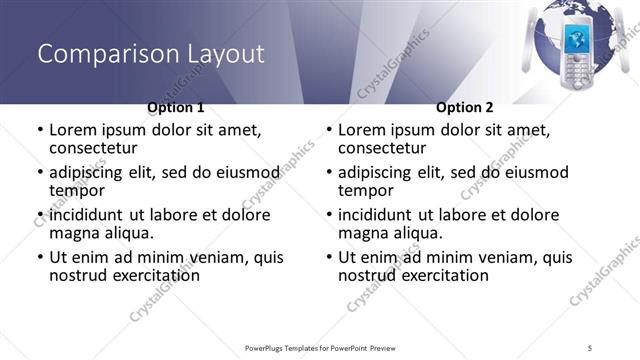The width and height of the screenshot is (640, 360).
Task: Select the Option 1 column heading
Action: click(x=176, y=107)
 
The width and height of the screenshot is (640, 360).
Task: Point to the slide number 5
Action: click(x=591, y=347)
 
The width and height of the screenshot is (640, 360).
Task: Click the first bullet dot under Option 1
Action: click(x=39, y=130)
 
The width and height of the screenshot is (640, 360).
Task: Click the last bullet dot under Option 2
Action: click(x=328, y=257)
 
